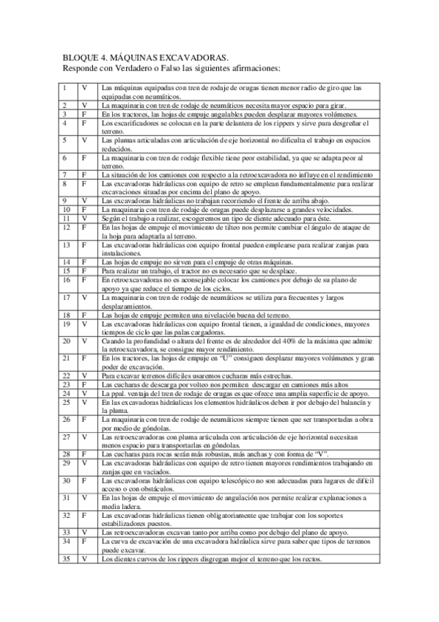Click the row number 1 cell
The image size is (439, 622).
[x=64, y=88]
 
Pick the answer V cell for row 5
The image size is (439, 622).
[x=85, y=139]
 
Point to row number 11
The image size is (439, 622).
[x=66, y=218]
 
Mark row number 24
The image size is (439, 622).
[x=66, y=393]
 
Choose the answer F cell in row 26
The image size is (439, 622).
[x=85, y=419]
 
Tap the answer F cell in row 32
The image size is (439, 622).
[x=85, y=515]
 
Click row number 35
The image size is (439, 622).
[x=66, y=558]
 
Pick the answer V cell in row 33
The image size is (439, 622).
[x=85, y=532]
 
